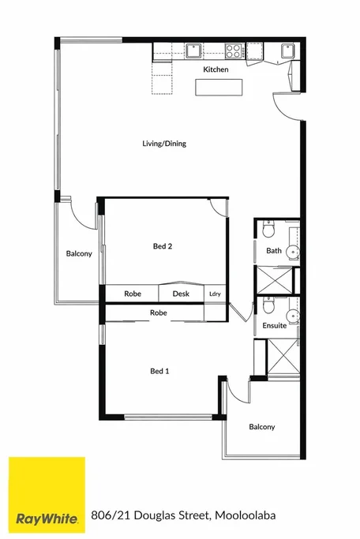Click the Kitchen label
point(216,70)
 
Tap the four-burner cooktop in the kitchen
point(234,51)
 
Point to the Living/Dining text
point(163,144)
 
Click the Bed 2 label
point(163,246)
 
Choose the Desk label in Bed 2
point(181,294)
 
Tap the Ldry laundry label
point(215,294)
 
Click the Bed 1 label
point(160,370)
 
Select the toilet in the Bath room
point(268,230)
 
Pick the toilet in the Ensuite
point(268,306)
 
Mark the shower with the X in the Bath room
point(272,280)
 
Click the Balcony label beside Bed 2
point(79,253)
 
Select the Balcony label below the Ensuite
point(262,427)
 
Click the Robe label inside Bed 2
point(133,294)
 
